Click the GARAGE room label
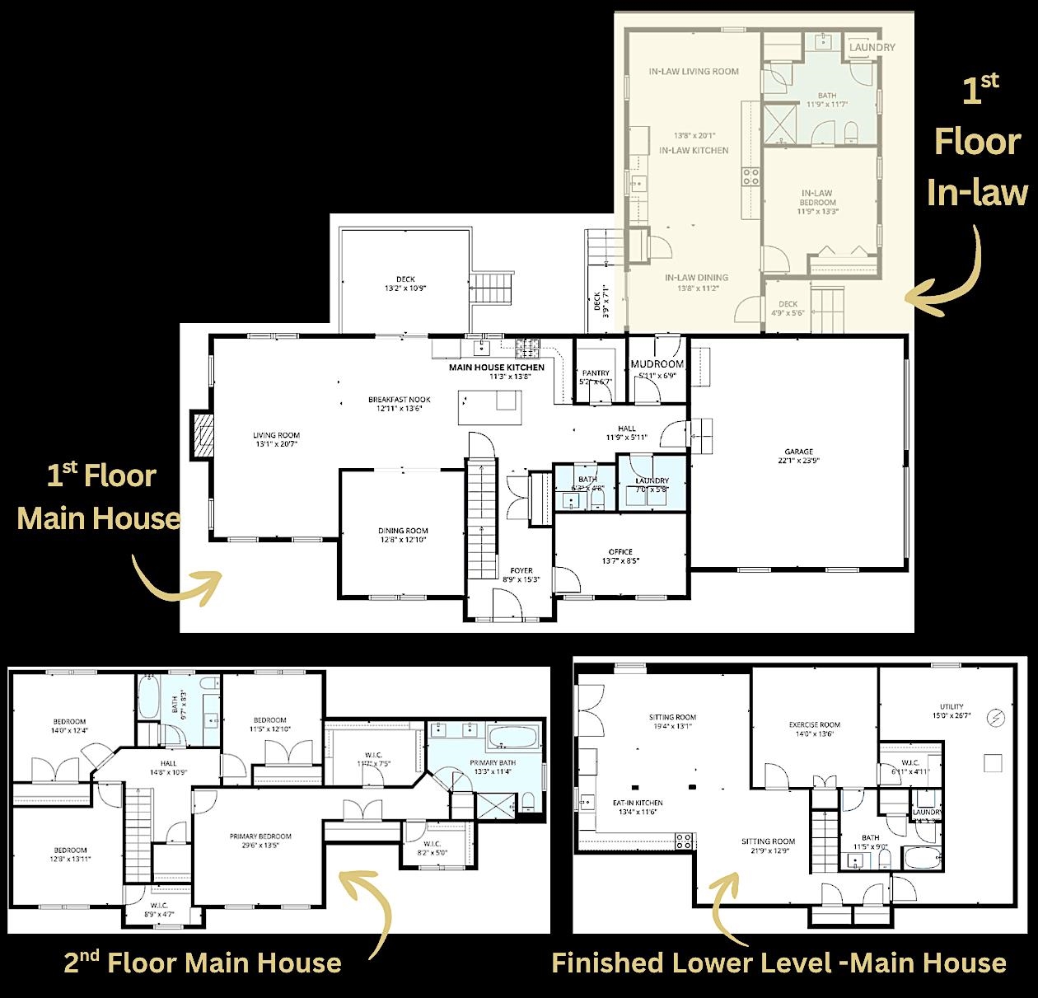click(x=798, y=452)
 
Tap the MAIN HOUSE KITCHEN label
click(x=496, y=368)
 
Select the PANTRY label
click(x=595, y=373)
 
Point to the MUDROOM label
click(x=657, y=364)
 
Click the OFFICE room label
click(x=620, y=552)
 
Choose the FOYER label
click(x=521, y=570)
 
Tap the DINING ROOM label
click(x=403, y=532)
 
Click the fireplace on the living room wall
click(x=200, y=434)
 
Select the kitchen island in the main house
click(x=490, y=407)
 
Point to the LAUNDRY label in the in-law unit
click(x=872, y=48)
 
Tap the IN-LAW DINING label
click(x=696, y=278)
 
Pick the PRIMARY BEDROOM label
click(x=260, y=836)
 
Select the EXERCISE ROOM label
click(x=814, y=725)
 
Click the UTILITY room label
click(x=951, y=706)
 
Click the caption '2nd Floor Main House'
click(x=203, y=962)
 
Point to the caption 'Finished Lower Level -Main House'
click(x=778, y=963)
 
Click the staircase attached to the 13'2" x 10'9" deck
click(x=492, y=288)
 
